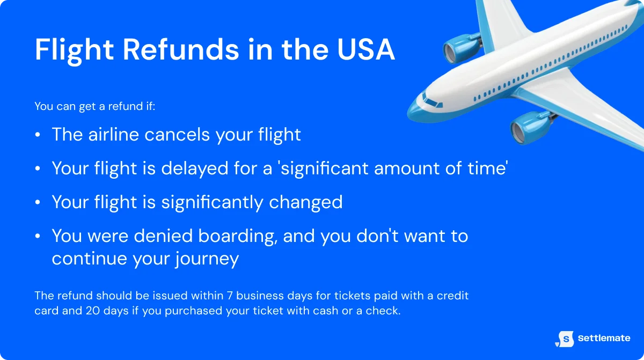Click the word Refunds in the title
coord(180,49)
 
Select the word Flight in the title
coord(75,49)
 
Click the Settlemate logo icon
coord(565,338)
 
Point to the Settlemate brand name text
coord(604,339)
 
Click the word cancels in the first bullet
coord(178,134)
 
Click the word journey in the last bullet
coord(207,259)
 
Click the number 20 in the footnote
coord(93,311)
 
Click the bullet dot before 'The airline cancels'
coord(38,135)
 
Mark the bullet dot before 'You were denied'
coord(38,237)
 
